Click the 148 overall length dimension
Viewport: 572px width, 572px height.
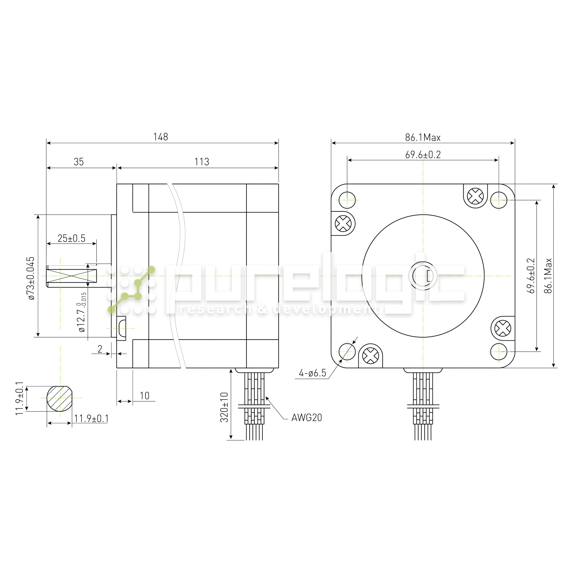[160, 137]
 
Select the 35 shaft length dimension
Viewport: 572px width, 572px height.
[79, 162]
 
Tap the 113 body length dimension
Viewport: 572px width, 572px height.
[202, 162]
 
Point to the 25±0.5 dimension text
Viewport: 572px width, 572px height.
[71, 238]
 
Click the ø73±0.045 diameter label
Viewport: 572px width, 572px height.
[31, 279]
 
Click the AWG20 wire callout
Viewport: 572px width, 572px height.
[306, 418]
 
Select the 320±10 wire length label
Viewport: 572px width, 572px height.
[224, 407]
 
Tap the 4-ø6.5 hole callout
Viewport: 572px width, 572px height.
[312, 373]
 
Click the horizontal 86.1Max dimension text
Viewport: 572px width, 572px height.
[423, 137]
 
